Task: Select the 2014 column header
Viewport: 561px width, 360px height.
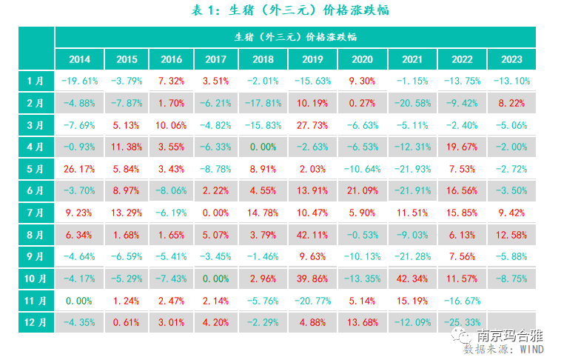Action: pyautogui.click(x=79, y=59)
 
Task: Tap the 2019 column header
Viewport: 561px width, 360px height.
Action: pyautogui.click(x=313, y=59)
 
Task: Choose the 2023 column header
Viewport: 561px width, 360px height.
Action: pyautogui.click(x=511, y=59)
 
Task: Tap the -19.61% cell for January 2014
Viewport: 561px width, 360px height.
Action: pyautogui.click(x=79, y=81)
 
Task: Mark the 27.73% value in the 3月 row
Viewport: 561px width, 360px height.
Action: pyautogui.click(x=313, y=124)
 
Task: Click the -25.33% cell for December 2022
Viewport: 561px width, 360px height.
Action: pyautogui.click(x=462, y=322)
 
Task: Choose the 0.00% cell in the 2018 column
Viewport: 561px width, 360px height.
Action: pyautogui.click(x=263, y=147)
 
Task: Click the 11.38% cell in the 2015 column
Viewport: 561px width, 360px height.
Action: pyautogui.click(x=127, y=147)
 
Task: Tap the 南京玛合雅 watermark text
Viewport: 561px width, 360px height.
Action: pyautogui.click(x=511, y=335)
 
